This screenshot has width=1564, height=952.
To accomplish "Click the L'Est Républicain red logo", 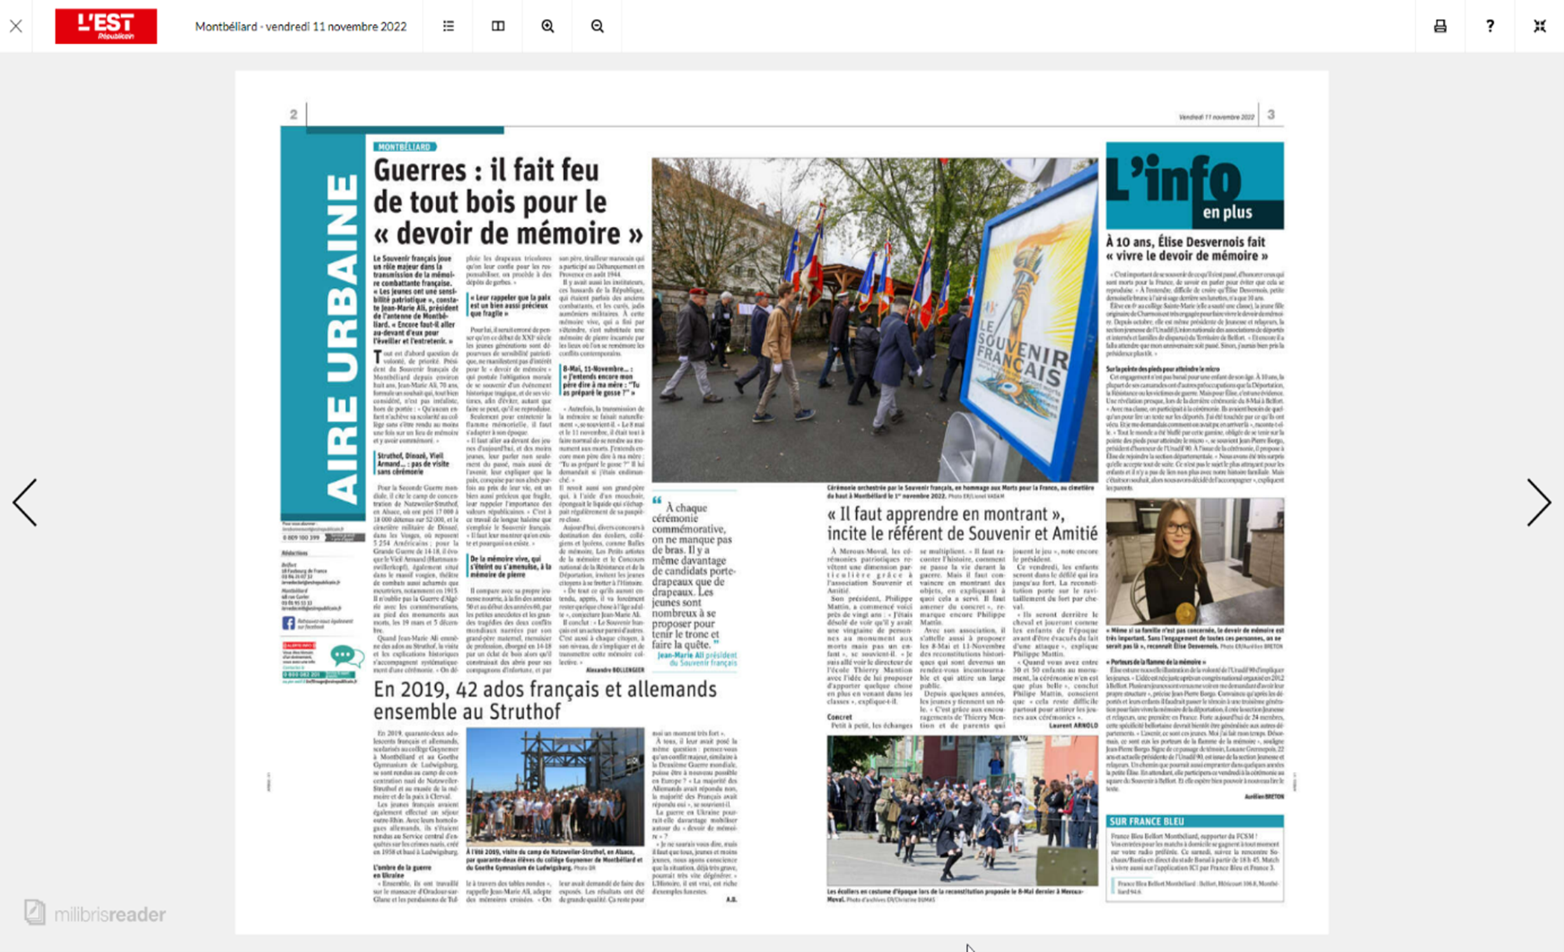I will pyautogui.click(x=106, y=27).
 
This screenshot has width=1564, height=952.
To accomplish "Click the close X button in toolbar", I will pyautogui.click(x=16, y=27).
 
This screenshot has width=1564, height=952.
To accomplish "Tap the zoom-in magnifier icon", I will pyautogui.click(x=547, y=27).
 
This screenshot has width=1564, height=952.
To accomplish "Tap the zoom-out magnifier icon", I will pyautogui.click(x=597, y=27).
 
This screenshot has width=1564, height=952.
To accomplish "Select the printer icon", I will pyautogui.click(x=1440, y=27).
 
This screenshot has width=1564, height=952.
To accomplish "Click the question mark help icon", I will pyautogui.click(x=1490, y=27).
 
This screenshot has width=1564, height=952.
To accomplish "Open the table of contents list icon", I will pyautogui.click(x=448, y=27).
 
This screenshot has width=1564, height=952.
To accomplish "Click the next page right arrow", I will pyautogui.click(x=1538, y=502).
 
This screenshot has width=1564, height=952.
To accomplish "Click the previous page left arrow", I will pyautogui.click(x=25, y=502).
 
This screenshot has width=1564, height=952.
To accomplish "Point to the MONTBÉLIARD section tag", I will pyautogui.click(x=404, y=147).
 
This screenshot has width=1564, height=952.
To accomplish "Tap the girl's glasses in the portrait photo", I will pyautogui.click(x=1179, y=529).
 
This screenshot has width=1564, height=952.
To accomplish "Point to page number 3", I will pyautogui.click(x=1270, y=115).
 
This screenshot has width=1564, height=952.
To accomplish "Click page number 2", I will pyautogui.click(x=294, y=115).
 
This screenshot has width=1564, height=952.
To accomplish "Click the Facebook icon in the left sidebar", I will pyautogui.click(x=288, y=623).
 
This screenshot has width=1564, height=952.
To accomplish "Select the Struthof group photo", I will pyautogui.click(x=554, y=786).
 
